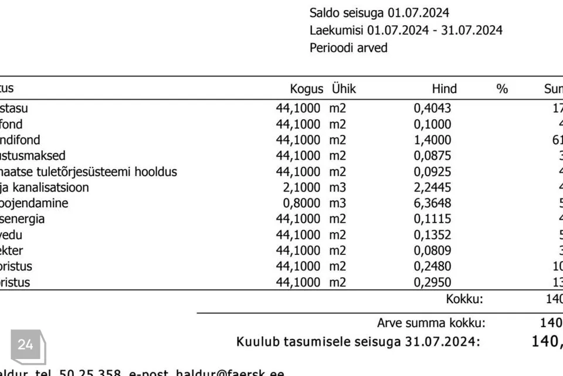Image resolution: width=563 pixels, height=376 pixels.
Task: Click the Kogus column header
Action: [306, 89]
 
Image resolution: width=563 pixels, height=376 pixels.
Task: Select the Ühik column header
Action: [344, 89]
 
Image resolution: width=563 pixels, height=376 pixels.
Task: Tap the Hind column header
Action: [444, 89]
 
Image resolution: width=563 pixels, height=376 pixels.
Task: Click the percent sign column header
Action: [502, 89]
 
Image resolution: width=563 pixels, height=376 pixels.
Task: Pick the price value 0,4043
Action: [433, 108]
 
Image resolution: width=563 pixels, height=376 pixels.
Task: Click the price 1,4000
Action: [433, 140]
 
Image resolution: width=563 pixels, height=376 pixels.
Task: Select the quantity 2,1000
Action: [299, 187]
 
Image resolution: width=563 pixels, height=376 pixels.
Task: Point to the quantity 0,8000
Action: [299, 203]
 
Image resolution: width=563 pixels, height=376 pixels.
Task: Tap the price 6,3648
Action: [433, 203]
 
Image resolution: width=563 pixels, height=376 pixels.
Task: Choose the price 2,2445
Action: [433, 187]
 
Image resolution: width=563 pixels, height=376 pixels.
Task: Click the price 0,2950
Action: [433, 283]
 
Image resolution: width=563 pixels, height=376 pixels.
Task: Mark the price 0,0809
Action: [433, 251]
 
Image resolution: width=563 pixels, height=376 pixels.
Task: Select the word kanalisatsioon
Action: [52, 187]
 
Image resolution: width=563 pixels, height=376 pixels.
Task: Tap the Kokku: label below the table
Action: [464, 298]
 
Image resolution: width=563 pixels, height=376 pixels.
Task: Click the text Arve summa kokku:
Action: [431, 323]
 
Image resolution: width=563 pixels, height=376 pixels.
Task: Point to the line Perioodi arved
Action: [348, 48]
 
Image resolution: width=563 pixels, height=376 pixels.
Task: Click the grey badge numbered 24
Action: [26, 345]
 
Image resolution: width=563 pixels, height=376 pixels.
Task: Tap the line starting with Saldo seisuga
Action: [379, 13]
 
